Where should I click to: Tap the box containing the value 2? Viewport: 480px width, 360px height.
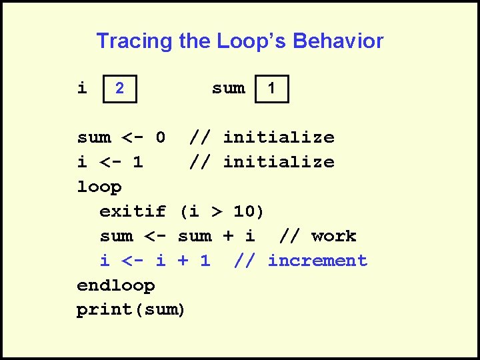(119, 88)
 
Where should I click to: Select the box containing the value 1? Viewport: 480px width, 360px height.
(271, 88)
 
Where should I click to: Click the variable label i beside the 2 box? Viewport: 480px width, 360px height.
(82, 88)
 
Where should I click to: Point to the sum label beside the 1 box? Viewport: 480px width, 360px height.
(228, 88)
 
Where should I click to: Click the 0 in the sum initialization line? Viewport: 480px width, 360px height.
(160, 138)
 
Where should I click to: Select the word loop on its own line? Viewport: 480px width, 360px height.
(99, 187)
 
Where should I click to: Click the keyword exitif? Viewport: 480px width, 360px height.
(133, 212)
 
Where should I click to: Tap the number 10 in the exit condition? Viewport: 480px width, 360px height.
(244, 212)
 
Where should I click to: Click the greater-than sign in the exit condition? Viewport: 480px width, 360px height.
(216, 212)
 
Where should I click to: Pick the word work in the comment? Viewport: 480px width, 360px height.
(333, 237)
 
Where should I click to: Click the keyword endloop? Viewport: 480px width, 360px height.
(116, 286)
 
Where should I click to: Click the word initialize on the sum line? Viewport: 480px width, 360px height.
(278, 138)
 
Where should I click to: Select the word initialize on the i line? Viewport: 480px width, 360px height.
(278, 163)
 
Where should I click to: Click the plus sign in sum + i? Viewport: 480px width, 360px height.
(227, 237)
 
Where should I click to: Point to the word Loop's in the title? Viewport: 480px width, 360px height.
(253, 41)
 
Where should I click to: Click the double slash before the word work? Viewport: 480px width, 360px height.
(289, 237)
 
